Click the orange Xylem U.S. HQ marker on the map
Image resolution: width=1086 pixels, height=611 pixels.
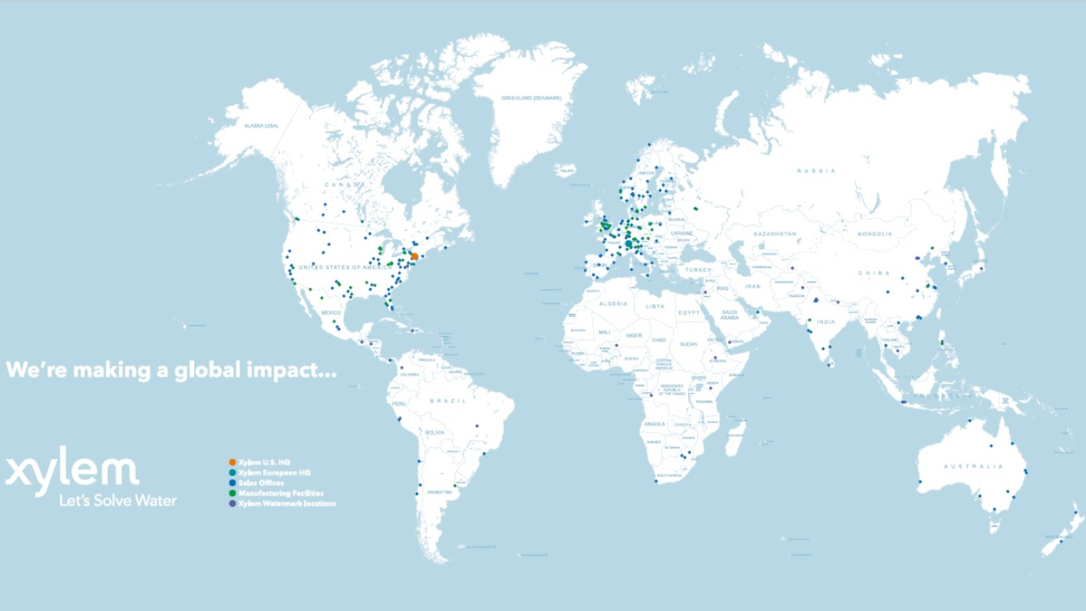[x=414, y=256]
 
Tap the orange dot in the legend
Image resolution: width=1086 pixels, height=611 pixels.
[x=232, y=462]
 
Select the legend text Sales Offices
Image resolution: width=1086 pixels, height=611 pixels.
[x=261, y=483]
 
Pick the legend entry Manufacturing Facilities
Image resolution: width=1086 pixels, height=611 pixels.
[x=281, y=493]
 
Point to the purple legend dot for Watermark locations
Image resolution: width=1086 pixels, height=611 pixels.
[x=232, y=503]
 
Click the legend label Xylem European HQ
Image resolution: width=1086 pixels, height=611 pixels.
[x=274, y=473]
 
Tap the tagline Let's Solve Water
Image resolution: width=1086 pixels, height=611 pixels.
[x=118, y=501]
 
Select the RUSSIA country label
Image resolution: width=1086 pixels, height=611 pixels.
[x=816, y=171]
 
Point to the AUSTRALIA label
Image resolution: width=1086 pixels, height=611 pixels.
[x=973, y=466]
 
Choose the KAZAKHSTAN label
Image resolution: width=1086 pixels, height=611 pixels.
[x=773, y=233]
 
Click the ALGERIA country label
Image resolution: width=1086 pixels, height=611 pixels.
[x=613, y=303]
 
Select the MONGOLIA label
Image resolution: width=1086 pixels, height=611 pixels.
[x=874, y=233]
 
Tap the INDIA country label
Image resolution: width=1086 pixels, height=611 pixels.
[x=826, y=322]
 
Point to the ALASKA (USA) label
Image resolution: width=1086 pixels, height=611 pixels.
[x=261, y=126]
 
